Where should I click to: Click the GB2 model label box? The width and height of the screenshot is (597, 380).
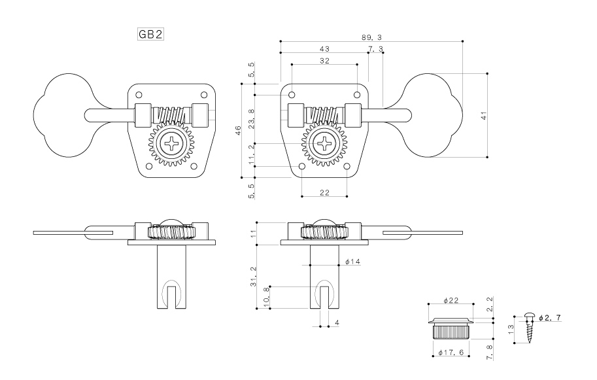150,34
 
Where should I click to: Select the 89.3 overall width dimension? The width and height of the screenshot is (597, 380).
371,37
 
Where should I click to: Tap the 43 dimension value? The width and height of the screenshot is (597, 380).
324,49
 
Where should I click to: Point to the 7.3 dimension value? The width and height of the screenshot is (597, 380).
375,49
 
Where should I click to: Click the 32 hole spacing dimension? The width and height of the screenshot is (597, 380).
324,61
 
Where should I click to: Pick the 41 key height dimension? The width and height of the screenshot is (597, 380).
484,116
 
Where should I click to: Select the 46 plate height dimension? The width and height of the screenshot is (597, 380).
238,130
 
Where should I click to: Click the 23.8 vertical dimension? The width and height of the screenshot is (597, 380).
252,119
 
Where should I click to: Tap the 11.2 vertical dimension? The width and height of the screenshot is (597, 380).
252,154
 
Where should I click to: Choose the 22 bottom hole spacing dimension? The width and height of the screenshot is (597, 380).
324,193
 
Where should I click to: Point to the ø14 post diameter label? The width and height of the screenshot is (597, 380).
352,262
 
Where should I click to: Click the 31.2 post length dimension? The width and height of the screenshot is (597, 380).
254,277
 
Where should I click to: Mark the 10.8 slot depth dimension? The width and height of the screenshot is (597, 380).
267,297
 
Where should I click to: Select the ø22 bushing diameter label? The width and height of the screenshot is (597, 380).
451,300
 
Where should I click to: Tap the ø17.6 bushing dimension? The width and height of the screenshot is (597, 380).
451,353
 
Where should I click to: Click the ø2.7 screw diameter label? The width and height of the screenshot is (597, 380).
550,318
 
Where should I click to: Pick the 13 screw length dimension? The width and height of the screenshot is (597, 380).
511,329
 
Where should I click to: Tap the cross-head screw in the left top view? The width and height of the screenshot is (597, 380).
171,143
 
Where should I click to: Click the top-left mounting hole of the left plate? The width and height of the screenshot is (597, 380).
139,94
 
